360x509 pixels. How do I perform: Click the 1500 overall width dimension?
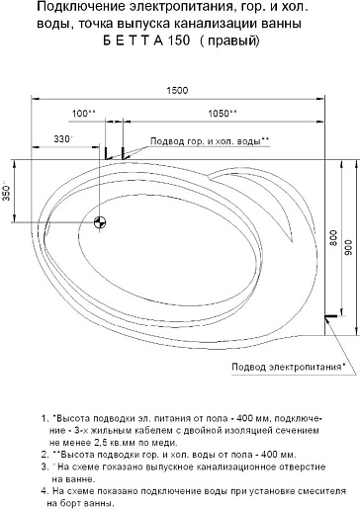[178, 91]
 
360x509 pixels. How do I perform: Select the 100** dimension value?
[110, 114]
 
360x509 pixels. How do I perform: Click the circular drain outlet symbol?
[100, 222]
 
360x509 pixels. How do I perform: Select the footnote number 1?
[45, 419]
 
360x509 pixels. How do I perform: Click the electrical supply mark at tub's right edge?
[329, 316]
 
